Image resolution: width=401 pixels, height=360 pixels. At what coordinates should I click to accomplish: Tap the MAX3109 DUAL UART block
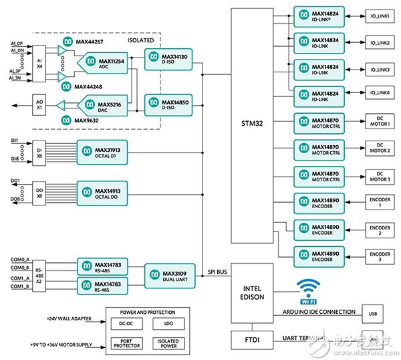(169, 274)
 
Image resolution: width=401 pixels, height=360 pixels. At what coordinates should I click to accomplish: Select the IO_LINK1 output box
(378, 15)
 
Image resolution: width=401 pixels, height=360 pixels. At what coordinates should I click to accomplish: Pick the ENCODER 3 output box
(378, 256)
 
